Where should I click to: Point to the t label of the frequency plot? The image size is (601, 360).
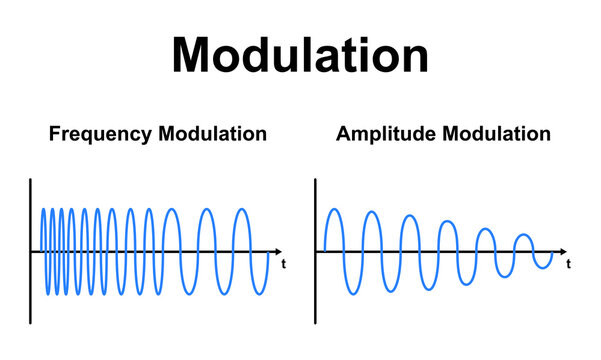(285, 265)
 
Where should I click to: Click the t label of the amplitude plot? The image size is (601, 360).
(569, 265)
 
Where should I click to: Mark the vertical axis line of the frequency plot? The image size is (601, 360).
(31, 250)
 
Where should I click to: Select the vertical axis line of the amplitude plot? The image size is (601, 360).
(316, 250)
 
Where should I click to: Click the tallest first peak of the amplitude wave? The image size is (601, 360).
(333, 209)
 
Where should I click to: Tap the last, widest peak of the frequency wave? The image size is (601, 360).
(242, 209)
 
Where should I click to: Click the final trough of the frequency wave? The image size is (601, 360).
(260, 294)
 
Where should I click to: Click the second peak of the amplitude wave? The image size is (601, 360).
(371, 212)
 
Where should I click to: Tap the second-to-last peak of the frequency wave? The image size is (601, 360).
(206, 209)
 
